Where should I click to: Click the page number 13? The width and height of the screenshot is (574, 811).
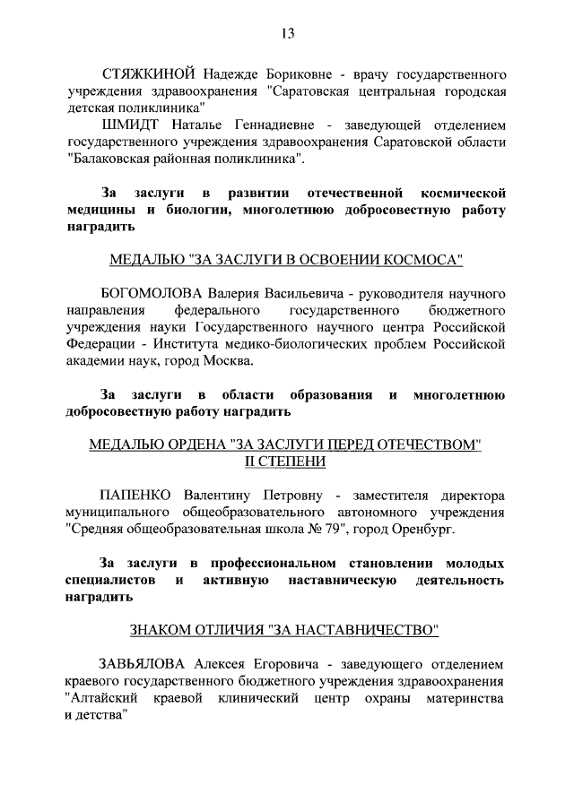287,33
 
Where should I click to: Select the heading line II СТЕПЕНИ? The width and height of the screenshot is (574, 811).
286,461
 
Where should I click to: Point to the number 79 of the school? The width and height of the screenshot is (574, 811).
335,529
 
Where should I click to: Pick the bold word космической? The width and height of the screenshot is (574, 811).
457,193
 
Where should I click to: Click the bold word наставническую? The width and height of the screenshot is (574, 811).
344,581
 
